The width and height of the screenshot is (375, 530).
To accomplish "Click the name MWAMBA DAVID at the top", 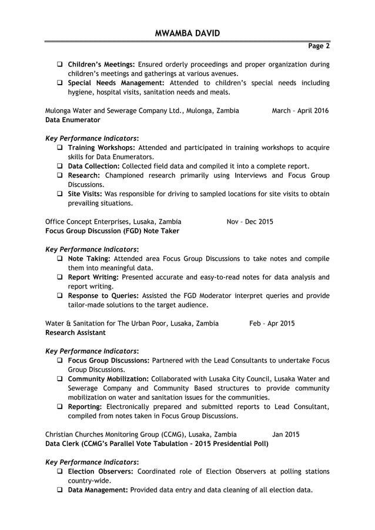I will point(187,33).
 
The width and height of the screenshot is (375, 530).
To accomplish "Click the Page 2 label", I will point(319,46).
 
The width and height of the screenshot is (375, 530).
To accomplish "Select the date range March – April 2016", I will point(300,110).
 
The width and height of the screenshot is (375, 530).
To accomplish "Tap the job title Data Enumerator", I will point(73,120).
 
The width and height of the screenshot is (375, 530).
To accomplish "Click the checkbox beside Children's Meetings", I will point(60,65).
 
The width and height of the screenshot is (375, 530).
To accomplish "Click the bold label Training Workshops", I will point(102,147).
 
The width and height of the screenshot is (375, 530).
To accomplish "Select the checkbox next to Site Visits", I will point(60,194).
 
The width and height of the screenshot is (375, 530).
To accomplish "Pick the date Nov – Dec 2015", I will point(250,222).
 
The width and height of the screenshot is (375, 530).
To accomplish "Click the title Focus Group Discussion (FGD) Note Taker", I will point(112,231).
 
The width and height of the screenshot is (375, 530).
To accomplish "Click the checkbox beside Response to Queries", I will point(60,296).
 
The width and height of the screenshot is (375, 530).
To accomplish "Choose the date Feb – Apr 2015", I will point(272,323).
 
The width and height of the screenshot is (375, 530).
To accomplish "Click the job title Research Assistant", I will point(75,333).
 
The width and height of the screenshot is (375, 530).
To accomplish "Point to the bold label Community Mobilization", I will point(108,379).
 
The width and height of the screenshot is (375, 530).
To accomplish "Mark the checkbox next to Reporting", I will point(60,407).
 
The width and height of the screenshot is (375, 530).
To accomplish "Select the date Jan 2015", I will point(286,434).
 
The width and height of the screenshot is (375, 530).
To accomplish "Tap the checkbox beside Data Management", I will point(60,490).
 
